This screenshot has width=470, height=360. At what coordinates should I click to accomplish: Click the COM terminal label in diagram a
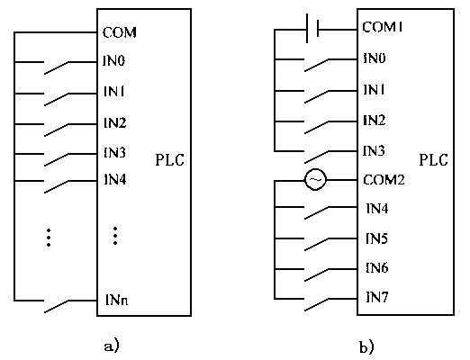click(120, 32)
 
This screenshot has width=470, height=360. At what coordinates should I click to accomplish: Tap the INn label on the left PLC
click(117, 300)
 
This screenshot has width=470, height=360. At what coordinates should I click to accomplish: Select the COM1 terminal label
click(383, 27)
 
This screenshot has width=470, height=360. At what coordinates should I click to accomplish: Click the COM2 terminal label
click(384, 180)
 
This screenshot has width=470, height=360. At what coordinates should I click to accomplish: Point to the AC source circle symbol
click(315, 180)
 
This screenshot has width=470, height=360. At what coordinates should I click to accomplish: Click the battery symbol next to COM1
click(312, 29)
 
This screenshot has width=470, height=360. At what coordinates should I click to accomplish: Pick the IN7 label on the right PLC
click(377, 297)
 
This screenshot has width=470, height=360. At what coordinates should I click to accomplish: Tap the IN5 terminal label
click(376, 238)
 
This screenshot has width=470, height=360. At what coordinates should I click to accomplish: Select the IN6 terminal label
click(377, 267)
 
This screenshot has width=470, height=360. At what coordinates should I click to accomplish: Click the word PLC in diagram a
click(169, 160)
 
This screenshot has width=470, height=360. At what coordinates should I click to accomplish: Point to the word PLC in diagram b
click(433, 160)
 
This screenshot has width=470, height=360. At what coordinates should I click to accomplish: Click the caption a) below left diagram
click(112, 346)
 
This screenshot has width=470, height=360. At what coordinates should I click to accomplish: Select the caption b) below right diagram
click(366, 346)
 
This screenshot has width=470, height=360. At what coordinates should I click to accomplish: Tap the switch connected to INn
click(56, 306)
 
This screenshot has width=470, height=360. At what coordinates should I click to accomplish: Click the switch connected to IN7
click(316, 305)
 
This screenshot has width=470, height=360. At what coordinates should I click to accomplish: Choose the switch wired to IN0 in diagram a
click(56, 67)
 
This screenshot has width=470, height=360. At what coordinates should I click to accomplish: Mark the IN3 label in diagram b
click(374, 151)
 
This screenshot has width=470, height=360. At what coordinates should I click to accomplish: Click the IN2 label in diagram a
click(114, 122)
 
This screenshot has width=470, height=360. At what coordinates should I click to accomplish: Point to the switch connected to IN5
click(316, 245)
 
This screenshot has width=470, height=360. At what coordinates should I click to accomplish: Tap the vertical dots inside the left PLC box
click(115, 236)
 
